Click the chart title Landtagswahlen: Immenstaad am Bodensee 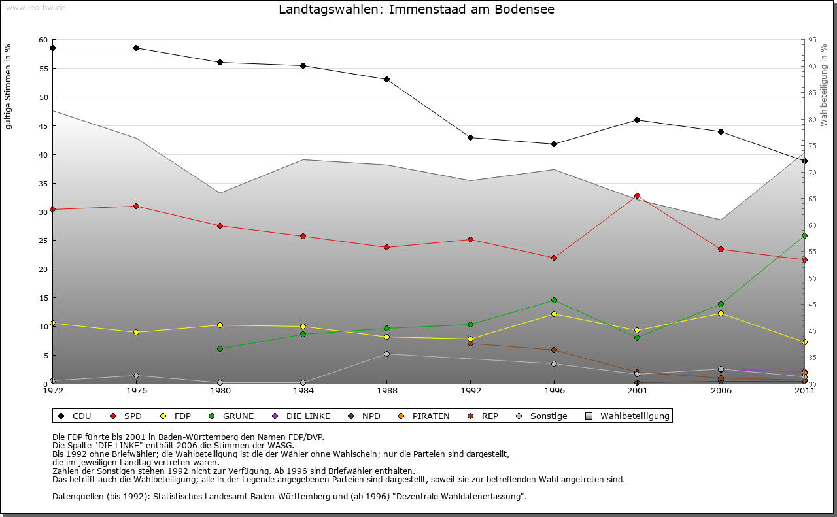tap(417, 10)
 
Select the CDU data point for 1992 tap(470, 137)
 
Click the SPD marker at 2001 tap(638, 196)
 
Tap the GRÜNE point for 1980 tap(220, 348)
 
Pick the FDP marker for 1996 tap(554, 314)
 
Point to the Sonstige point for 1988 tap(386, 354)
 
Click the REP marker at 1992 tap(470, 343)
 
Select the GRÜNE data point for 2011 tap(804, 235)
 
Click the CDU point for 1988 tap(386, 79)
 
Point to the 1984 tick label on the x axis tap(303, 391)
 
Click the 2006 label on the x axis tap(721, 391)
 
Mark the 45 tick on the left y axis tap(43, 126)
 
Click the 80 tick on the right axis tap(811, 120)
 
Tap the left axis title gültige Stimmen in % tap(9, 86)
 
